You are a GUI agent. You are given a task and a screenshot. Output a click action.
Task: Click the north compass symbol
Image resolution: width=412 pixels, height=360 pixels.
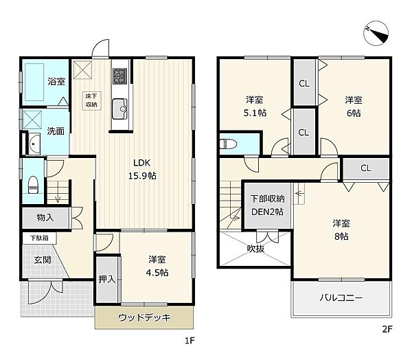click(x=376, y=34)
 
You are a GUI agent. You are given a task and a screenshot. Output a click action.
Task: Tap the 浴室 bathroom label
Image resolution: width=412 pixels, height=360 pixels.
click(x=56, y=81)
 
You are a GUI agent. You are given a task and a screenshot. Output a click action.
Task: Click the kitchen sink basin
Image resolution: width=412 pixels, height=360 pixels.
click(x=119, y=109)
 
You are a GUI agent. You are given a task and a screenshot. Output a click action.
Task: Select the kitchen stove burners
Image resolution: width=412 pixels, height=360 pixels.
click(x=119, y=76)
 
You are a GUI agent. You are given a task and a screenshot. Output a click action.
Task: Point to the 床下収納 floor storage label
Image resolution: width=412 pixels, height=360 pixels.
click(x=91, y=100)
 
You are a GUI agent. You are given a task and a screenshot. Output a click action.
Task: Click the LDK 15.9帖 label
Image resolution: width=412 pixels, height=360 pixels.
click(x=142, y=169)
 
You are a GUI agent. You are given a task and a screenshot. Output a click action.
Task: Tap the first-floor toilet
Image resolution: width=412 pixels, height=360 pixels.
click(x=33, y=185)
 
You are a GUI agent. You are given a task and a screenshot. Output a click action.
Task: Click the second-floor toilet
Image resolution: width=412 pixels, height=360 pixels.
click(x=228, y=144)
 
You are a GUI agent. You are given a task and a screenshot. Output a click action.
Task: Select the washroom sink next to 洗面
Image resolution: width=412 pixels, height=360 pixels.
click(x=34, y=144)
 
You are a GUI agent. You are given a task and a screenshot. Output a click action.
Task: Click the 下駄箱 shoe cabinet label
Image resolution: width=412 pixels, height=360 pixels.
click(x=39, y=238)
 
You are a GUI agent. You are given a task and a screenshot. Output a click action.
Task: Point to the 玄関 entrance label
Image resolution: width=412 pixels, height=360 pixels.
click(x=43, y=260)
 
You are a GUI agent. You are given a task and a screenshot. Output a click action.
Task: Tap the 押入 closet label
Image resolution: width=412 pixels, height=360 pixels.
click(x=107, y=279)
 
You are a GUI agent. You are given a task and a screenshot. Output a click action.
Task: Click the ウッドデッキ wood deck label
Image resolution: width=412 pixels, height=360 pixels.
click(x=144, y=317)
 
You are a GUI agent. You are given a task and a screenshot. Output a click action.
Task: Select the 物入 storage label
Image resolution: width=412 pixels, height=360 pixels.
click(x=45, y=218)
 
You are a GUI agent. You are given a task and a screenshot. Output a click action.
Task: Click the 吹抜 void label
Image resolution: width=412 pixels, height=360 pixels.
click(x=255, y=249)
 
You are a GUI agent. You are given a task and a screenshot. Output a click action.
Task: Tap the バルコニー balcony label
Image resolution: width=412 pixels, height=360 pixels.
click(x=341, y=297)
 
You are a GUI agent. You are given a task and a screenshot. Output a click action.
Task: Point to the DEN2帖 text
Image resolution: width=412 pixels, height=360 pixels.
click(x=268, y=212)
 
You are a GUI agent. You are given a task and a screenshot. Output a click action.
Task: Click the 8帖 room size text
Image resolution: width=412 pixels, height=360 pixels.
click(x=341, y=236)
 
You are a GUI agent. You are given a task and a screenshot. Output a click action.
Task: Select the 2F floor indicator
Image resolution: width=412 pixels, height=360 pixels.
click(x=387, y=329)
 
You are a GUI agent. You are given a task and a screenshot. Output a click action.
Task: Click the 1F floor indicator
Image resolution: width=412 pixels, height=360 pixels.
click(x=190, y=341)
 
